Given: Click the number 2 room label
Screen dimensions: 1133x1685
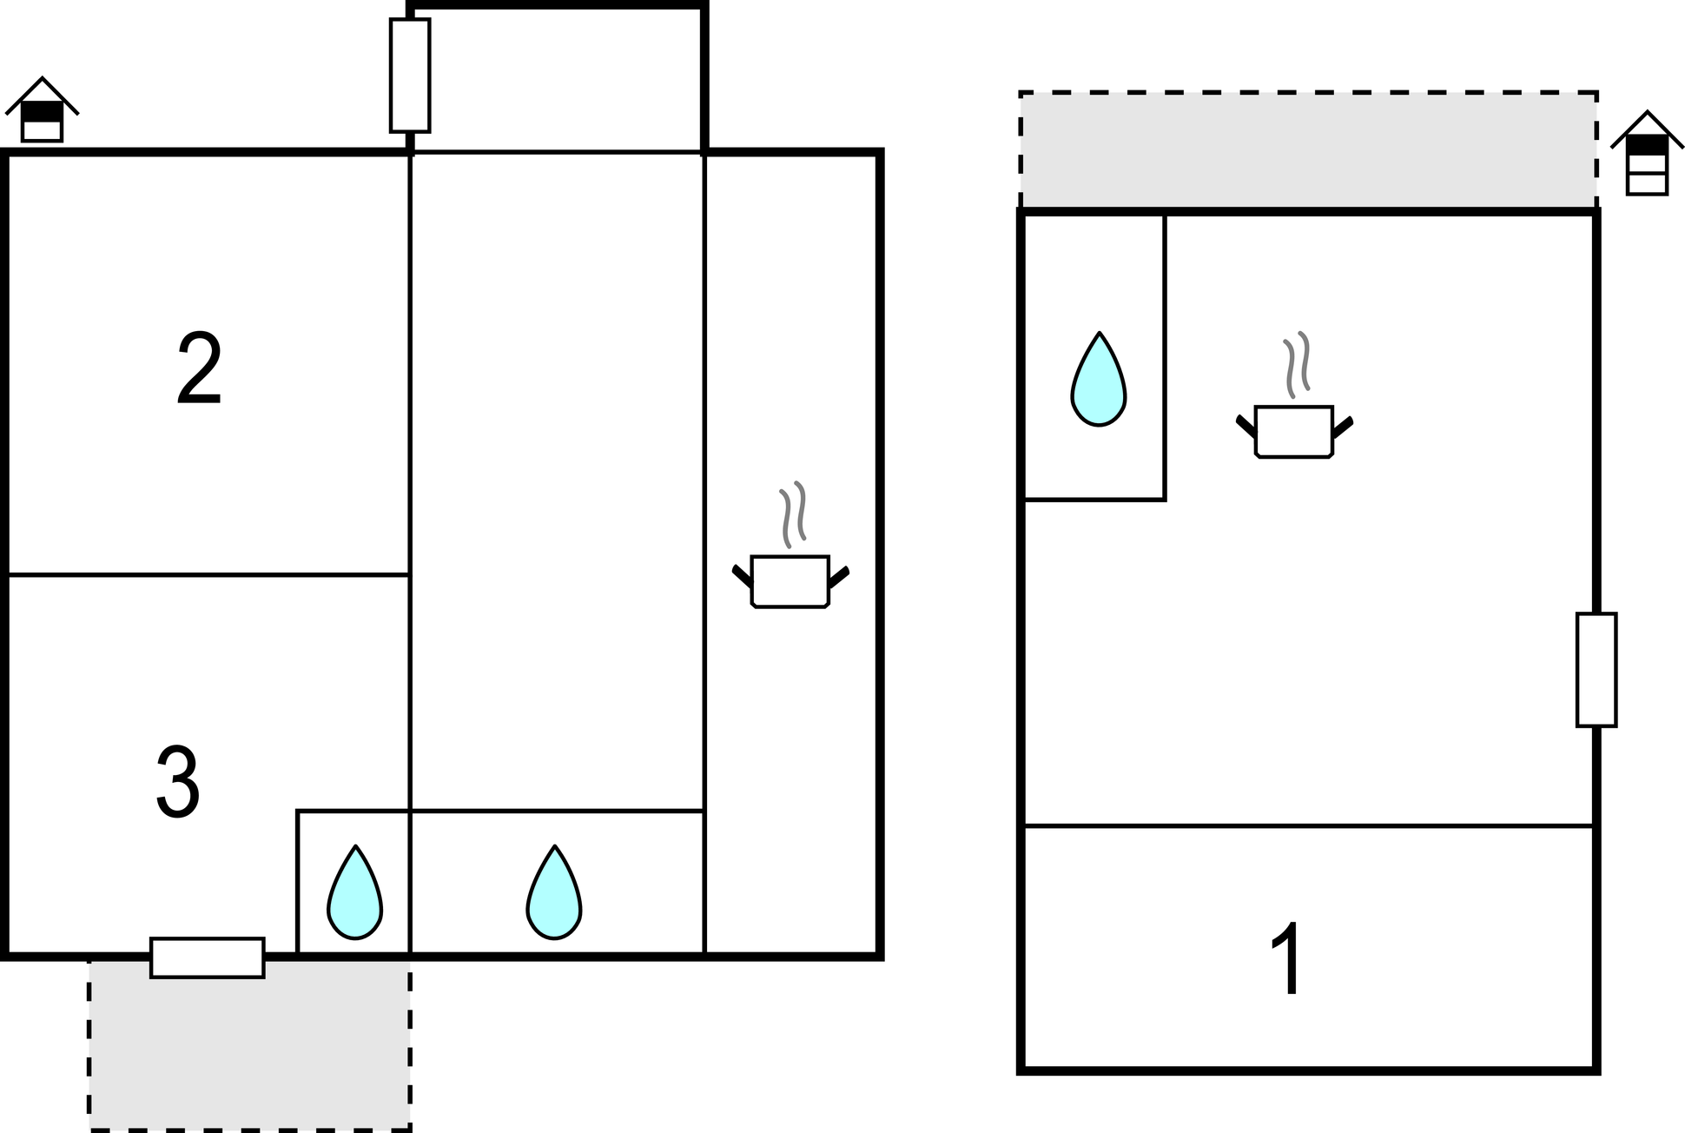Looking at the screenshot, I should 200,368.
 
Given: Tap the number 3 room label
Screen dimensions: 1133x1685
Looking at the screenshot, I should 178,783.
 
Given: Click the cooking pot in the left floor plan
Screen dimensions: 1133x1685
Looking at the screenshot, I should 790,580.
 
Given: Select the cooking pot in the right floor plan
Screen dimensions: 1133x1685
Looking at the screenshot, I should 1294,431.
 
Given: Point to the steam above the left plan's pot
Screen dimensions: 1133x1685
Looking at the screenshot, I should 792,514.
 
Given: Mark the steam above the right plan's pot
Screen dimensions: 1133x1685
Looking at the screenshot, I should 1297,365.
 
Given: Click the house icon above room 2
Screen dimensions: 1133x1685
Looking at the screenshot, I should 42,110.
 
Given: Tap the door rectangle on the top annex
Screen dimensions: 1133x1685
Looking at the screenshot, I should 410,76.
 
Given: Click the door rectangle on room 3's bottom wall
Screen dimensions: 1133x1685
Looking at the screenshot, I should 207,957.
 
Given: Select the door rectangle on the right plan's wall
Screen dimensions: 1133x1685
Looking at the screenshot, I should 1596,669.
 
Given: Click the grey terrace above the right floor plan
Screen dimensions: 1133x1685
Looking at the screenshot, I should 1308,149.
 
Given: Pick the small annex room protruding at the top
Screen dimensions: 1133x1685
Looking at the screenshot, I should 557,80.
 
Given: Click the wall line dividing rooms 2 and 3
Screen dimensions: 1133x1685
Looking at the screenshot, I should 208,574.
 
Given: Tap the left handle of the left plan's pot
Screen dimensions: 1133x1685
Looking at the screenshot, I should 741,575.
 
